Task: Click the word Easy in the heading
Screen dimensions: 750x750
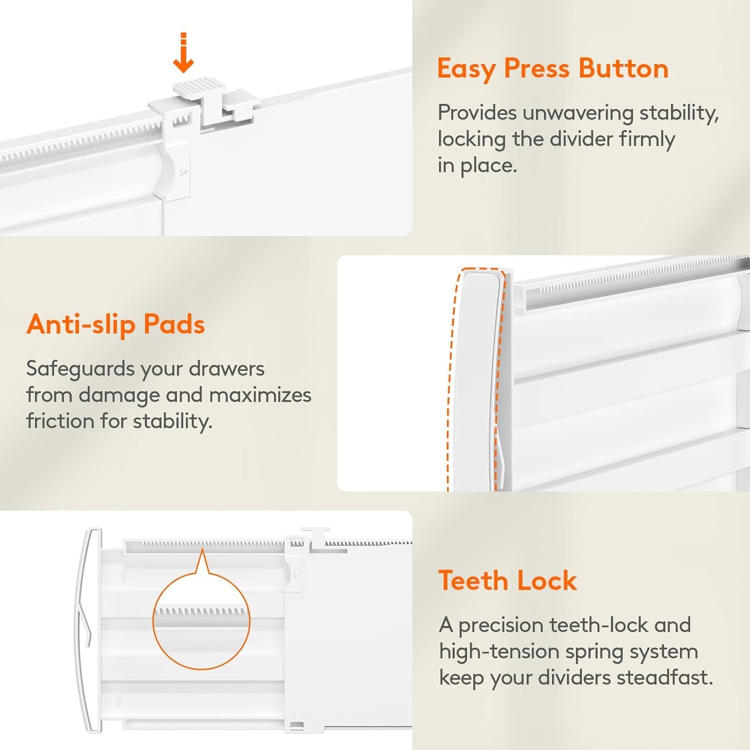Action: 466,69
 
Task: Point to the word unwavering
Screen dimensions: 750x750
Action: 577,113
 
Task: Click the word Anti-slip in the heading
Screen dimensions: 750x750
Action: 80,324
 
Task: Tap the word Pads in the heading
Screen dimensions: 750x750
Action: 174,324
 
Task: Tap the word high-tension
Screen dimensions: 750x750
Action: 499,652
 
